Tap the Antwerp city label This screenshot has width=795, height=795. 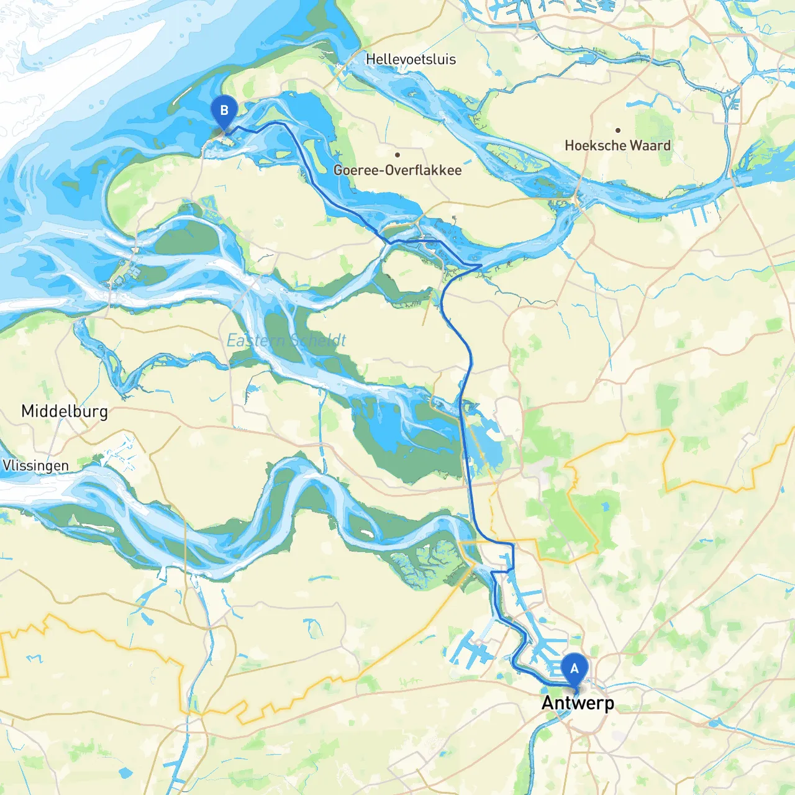tap(578, 703)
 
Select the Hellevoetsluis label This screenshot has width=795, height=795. tap(411, 60)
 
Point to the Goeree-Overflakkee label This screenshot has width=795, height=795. tap(397, 170)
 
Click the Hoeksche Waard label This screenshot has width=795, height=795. tap(617, 145)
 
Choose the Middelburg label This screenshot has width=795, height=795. tap(65, 411)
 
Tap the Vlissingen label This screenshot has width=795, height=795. tap(35, 466)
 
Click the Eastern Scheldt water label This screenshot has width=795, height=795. tap(286, 340)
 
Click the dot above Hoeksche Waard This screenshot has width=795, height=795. tap(618, 130)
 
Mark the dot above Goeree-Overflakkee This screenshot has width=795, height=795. tap(397, 155)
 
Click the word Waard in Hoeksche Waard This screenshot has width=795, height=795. tap(651, 145)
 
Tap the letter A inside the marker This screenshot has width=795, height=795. tap(575, 669)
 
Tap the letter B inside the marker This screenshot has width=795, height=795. tap(224, 111)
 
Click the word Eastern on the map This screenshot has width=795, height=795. tap(255, 340)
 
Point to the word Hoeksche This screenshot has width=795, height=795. tap(596, 145)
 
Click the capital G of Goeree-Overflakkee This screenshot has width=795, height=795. tap(338, 170)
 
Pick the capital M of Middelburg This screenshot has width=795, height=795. tap(27, 411)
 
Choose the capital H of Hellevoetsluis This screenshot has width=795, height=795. tap(370, 60)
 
